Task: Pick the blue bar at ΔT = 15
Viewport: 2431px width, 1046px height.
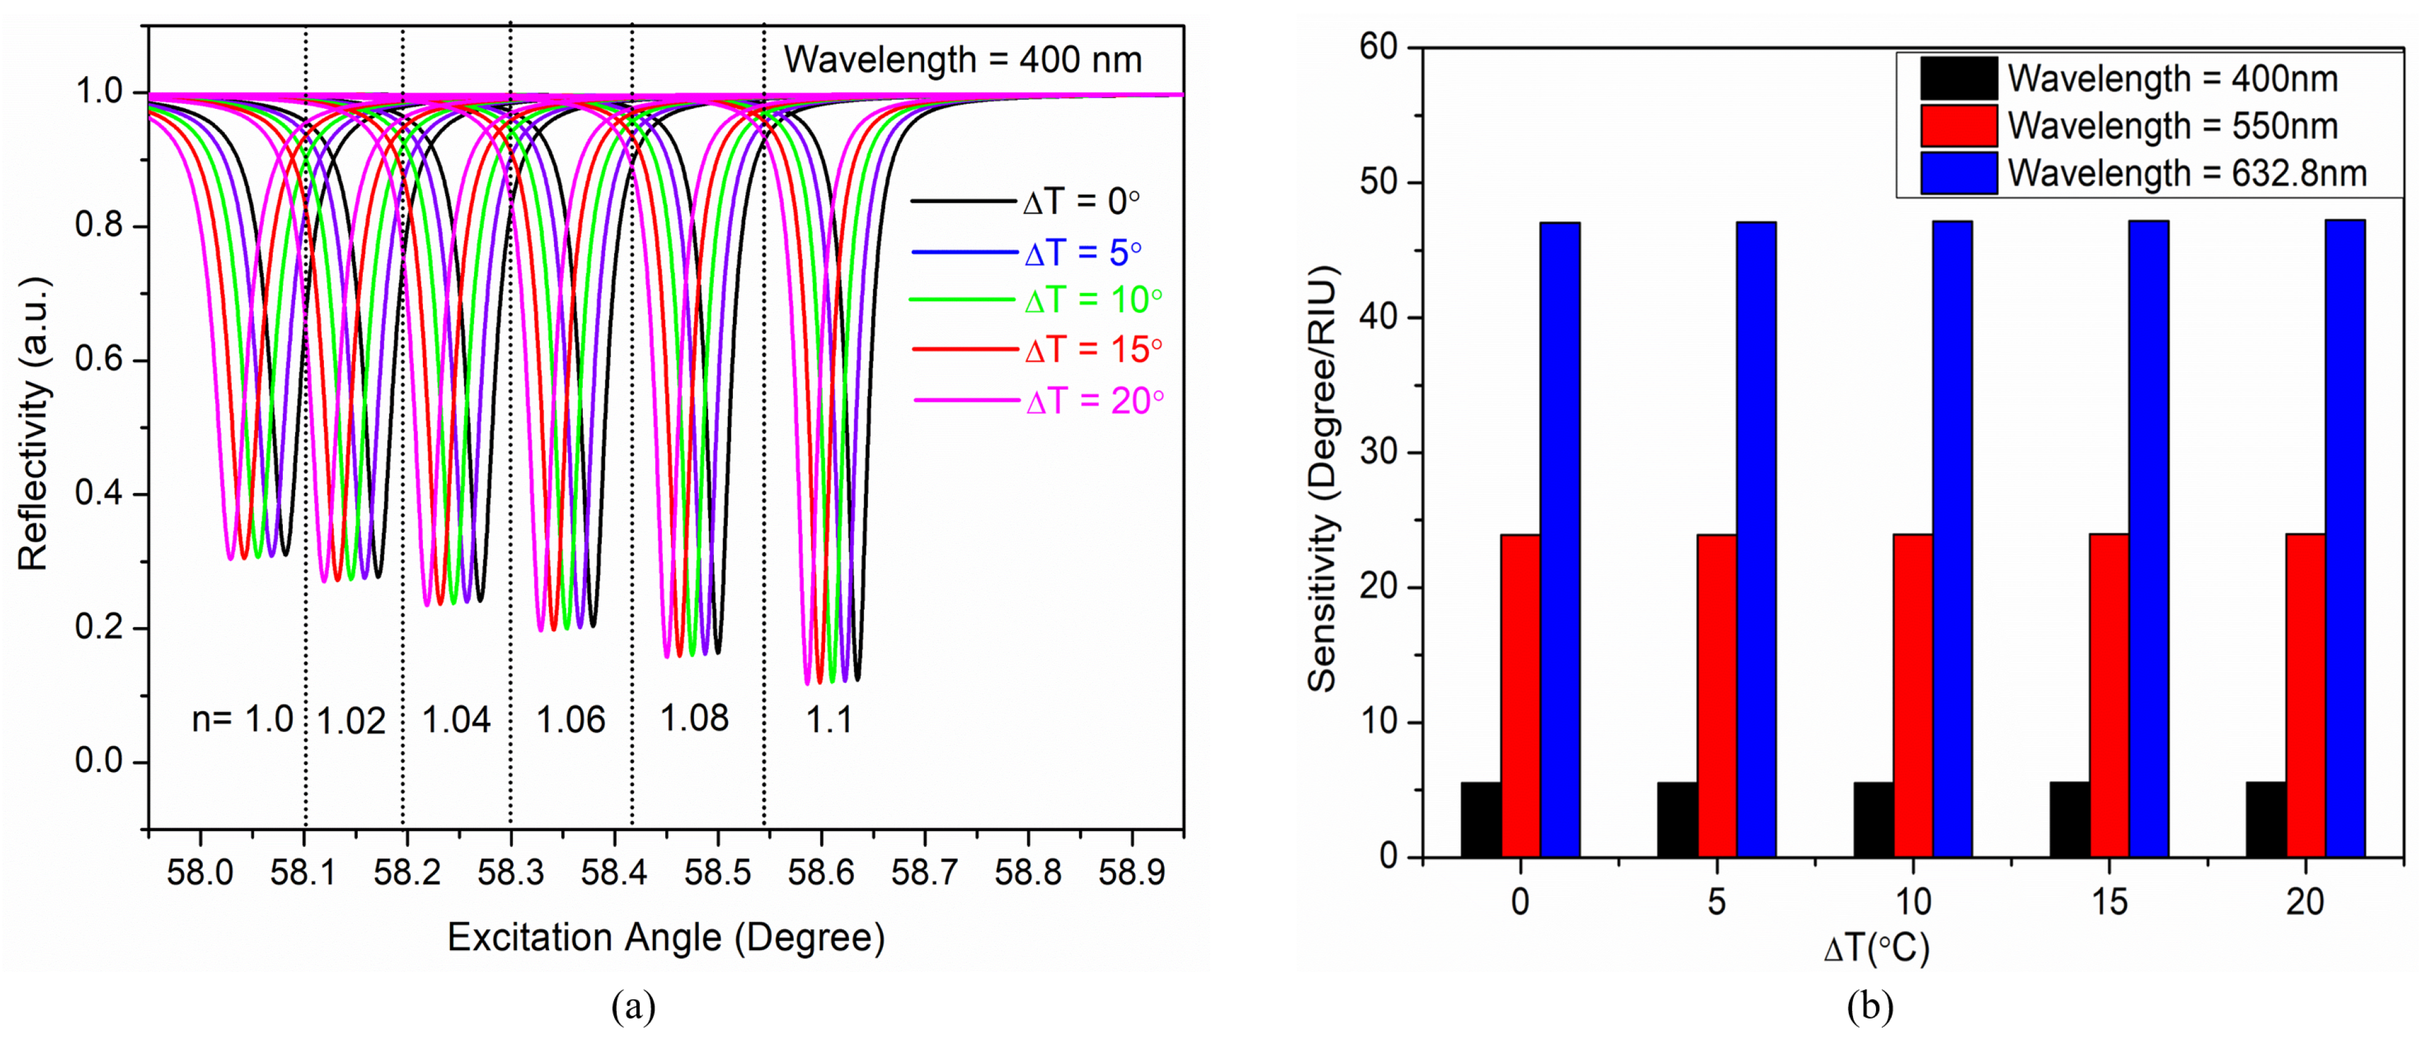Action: click(2148, 538)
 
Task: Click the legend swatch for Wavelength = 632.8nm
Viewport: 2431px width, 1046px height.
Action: click(1958, 173)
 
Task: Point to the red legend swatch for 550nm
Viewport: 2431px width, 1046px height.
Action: click(1958, 125)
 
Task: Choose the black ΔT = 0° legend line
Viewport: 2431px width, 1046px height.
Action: click(963, 201)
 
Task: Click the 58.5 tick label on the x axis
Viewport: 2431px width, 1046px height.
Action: click(717, 873)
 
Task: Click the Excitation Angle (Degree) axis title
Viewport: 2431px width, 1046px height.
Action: click(665, 938)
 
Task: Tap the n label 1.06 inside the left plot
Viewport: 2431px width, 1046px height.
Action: click(570, 721)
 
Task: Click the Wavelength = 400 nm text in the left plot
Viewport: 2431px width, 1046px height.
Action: click(963, 60)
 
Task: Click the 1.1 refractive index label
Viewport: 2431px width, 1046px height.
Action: click(829, 721)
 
